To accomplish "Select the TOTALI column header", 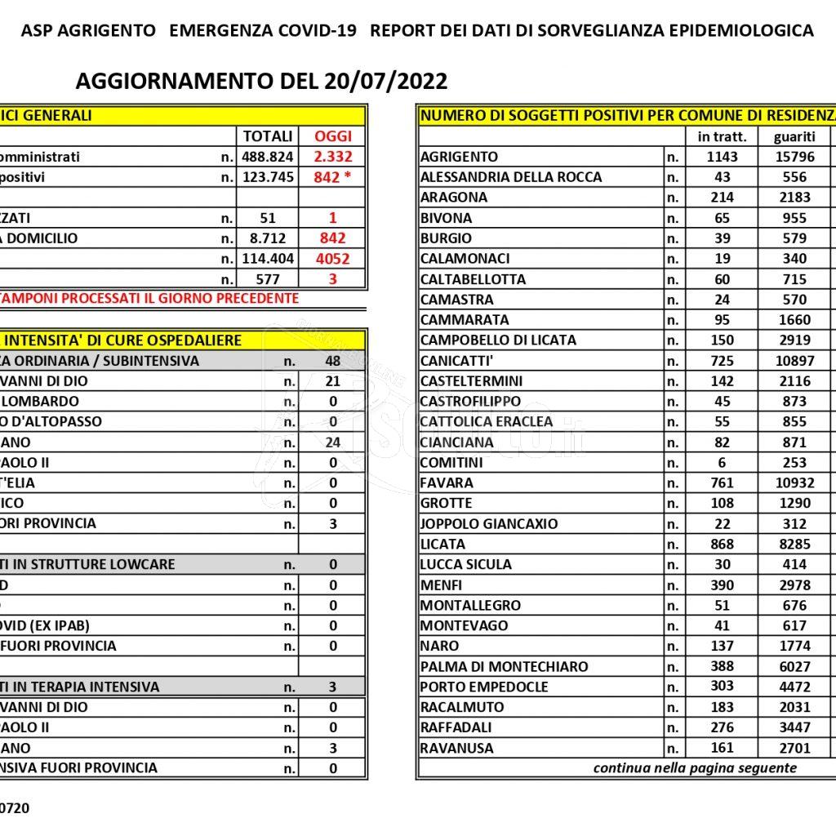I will pyautogui.click(x=267, y=136).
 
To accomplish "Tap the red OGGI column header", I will pyautogui.click(x=333, y=136).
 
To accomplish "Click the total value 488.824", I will pyautogui.click(x=267, y=157).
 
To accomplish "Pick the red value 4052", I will pyautogui.click(x=333, y=259).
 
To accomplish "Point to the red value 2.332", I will pyautogui.click(x=333, y=157).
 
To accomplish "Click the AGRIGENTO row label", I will pyautogui.click(x=458, y=157).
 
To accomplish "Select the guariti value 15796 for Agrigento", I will pyautogui.click(x=794, y=157).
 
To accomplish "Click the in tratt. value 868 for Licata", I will pyautogui.click(x=722, y=544).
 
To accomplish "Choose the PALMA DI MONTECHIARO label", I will pyautogui.click(x=504, y=666).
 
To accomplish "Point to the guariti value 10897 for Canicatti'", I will pyautogui.click(x=794, y=361).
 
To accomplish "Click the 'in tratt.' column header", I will pyautogui.click(x=722, y=136).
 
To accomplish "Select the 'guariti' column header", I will pyautogui.click(x=794, y=136).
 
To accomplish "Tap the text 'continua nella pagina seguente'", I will pyautogui.click(x=695, y=768).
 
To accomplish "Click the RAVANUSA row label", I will pyautogui.click(x=456, y=748).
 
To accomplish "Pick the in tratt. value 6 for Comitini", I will pyautogui.click(x=722, y=462).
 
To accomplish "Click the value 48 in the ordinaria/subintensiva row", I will pyautogui.click(x=333, y=361).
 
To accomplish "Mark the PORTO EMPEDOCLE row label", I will pyautogui.click(x=484, y=687).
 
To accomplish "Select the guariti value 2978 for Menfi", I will pyautogui.click(x=794, y=585).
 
